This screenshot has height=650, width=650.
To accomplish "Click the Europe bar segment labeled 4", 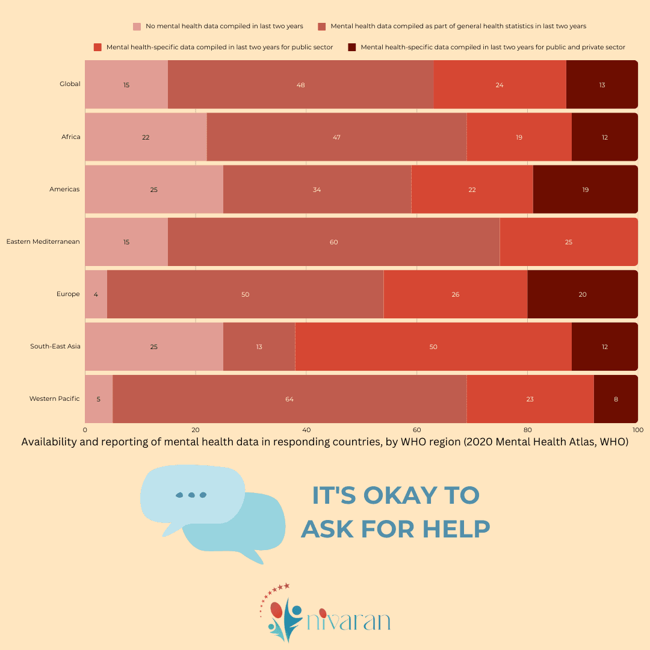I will point(96,294).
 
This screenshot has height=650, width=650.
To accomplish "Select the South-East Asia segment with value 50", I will point(433,347).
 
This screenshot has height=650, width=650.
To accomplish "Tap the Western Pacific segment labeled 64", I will point(289,399).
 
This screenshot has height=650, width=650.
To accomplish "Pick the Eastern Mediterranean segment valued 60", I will point(333,242).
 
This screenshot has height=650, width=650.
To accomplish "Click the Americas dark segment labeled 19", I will point(585,190).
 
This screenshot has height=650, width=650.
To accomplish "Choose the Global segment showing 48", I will point(300,85).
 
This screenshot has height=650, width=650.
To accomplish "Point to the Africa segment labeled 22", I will point(146,137).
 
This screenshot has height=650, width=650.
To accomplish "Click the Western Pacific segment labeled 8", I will point(616,399).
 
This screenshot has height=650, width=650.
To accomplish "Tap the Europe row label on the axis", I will point(68,294).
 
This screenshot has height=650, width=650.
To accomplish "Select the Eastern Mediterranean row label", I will point(43,242).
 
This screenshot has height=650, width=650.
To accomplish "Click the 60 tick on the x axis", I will point(416,430).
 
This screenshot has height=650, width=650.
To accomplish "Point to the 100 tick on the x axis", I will point(637,430).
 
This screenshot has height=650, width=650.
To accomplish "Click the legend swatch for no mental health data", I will point(137,26).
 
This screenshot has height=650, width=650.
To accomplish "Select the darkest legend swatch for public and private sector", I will point(352,47).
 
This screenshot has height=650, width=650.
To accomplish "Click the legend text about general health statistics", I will point(458,26).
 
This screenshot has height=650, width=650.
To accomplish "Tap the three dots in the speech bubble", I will point(191,495).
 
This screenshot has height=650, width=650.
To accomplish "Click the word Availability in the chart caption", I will point(48,442).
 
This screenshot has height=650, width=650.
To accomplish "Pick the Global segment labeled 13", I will point(602,85).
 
